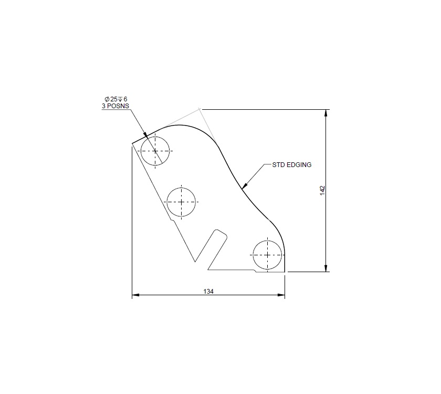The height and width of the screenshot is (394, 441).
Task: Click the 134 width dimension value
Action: (208, 291)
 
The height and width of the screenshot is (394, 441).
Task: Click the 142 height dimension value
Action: (322, 190)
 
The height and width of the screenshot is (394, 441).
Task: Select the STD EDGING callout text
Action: (291, 165)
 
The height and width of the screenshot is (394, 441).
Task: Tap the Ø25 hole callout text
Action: (116, 99)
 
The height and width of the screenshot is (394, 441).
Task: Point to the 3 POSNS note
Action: (115, 106)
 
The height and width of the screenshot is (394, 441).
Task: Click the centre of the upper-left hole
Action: (155, 151)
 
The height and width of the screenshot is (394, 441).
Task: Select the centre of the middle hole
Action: (181, 202)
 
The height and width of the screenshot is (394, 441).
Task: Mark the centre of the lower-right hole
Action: (268, 255)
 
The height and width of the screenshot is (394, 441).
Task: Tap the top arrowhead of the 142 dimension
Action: (327, 112)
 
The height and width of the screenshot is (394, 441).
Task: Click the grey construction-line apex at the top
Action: (199, 109)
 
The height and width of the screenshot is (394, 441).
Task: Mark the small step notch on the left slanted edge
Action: (172, 219)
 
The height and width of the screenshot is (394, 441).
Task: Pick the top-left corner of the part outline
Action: (132, 143)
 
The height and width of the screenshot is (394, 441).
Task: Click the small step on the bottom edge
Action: (255, 271)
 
